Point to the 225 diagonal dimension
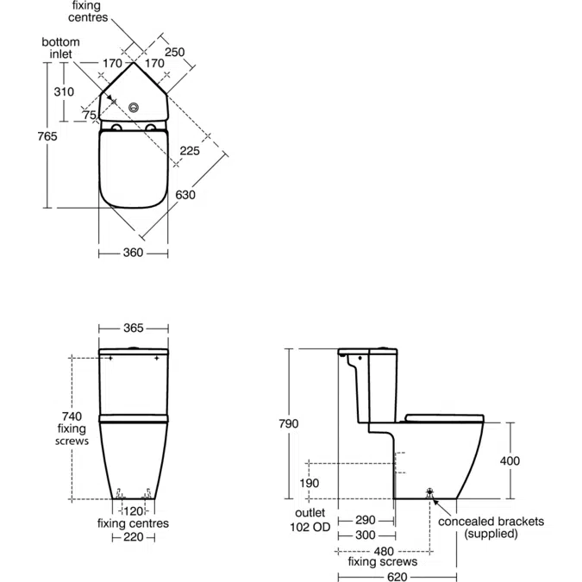pyautogui.click(x=191, y=151)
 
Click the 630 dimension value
pyautogui.click(x=185, y=195)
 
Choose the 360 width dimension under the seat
pyautogui.click(x=133, y=253)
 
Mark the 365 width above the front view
pyautogui.click(x=133, y=329)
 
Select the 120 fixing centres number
pyautogui.click(x=133, y=511)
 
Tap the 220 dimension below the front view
pyautogui.click(x=133, y=537)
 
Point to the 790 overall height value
pyautogui.click(x=288, y=423)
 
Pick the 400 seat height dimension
pyautogui.click(x=510, y=460)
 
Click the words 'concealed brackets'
pyautogui.click(x=491, y=522)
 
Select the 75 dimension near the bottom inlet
pyautogui.click(x=90, y=116)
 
